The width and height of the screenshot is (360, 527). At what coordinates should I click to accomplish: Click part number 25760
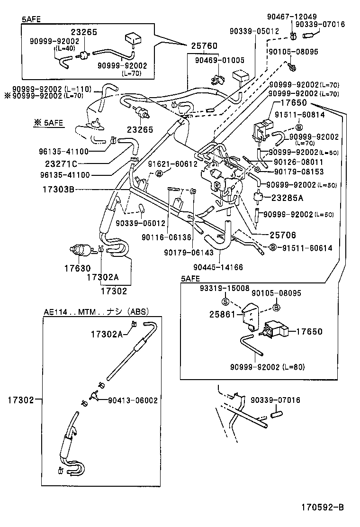(204, 46)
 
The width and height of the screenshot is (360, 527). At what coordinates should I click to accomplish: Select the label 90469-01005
(219, 60)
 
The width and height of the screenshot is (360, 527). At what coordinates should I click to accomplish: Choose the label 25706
(270, 235)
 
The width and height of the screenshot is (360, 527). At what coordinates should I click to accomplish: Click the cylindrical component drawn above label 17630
(79, 249)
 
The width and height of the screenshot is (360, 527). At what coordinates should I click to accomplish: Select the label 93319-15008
(224, 288)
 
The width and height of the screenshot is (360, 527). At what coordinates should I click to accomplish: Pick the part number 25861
(222, 314)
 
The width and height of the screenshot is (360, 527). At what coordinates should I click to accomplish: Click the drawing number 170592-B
(323, 507)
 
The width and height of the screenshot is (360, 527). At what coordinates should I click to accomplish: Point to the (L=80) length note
(294, 367)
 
